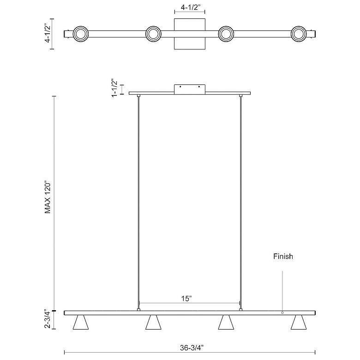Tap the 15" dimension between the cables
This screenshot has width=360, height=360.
tap(186, 299)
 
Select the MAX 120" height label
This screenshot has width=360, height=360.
tap(48, 198)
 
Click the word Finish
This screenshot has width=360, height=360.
tap(282, 256)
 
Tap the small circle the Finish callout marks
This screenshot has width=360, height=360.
tap(282, 312)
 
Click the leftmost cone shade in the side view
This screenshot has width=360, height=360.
tap(81, 323)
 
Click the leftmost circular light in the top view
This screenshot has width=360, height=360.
tap(81, 34)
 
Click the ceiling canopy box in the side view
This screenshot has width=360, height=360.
tap(190, 89)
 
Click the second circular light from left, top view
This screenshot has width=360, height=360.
tap(153, 34)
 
